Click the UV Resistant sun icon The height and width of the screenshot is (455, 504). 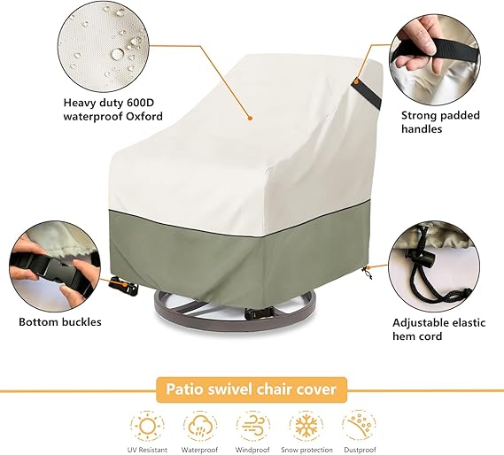click(x=147, y=426)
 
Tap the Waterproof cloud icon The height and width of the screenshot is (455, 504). click(x=200, y=426)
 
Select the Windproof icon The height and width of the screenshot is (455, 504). click(x=253, y=426)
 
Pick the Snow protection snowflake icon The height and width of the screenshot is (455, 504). click(x=306, y=426)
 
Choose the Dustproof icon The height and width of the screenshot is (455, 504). click(x=359, y=426)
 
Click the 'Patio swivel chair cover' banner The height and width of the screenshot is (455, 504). click(x=252, y=389)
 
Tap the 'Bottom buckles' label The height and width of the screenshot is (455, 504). click(x=60, y=322)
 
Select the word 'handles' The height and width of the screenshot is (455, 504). click(x=422, y=129)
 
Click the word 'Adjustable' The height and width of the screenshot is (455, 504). click(x=420, y=323)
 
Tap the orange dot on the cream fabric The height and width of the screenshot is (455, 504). click(x=250, y=119)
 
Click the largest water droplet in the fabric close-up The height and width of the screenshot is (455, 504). click(x=117, y=53)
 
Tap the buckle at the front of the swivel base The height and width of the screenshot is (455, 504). click(x=259, y=312)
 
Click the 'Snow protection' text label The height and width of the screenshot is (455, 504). click(x=306, y=450)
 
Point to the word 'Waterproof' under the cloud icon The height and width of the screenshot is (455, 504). click(x=199, y=450)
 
